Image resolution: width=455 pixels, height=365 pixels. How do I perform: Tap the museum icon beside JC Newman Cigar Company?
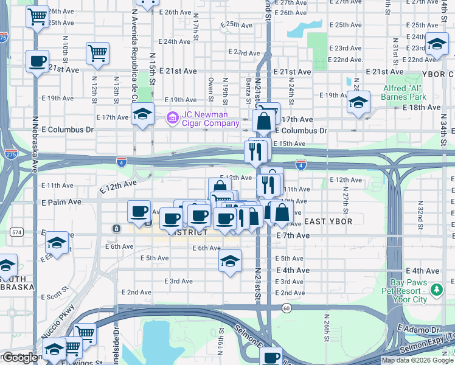173,116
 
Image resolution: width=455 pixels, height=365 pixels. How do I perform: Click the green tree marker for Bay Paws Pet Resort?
436,291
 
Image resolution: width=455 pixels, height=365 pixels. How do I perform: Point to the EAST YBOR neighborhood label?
328,221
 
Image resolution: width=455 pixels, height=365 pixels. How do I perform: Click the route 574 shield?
16,232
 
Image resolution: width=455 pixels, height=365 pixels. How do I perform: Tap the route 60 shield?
286,308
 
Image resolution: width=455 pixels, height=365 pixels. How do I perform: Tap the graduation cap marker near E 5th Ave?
229,260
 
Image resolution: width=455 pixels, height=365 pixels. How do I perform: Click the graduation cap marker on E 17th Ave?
142,113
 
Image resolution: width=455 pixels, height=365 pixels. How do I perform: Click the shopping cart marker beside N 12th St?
97,54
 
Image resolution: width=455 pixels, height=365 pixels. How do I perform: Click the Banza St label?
248,91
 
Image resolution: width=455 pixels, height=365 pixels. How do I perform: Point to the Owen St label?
211,88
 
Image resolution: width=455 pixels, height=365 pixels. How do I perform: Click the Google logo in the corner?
19,358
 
